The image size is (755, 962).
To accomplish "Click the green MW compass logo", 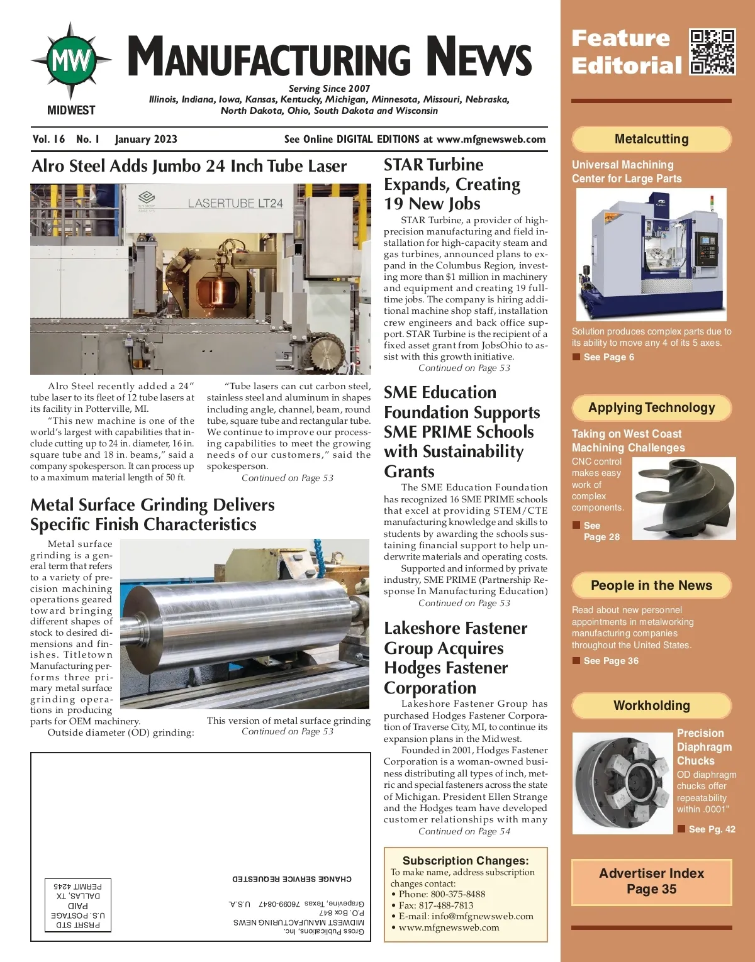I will (x=71, y=61).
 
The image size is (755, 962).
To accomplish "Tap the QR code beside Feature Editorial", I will (x=712, y=52).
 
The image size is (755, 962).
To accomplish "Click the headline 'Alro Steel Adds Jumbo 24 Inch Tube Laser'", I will (x=189, y=166).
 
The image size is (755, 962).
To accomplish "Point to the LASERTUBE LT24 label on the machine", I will (x=235, y=203).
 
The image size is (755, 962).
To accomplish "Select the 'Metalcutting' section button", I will (x=651, y=139).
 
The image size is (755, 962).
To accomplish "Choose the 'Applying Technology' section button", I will (x=651, y=407).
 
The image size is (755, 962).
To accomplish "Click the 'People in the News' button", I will (x=651, y=585).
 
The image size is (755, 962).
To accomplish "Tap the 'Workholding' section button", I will (x=651, y=705).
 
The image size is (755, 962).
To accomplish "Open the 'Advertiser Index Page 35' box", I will (x=651, y=882).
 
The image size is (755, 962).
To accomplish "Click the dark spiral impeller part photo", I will (x=683, y=498).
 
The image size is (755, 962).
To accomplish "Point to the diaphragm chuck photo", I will (x=622, y=783).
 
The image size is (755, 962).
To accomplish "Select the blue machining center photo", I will (x=651, y=255).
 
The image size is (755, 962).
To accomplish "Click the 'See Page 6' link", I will (x=608, y=357).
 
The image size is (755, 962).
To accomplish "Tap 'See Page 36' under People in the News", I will (x=610, y=661).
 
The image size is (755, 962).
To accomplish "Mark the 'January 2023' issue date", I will (x=146, y=140).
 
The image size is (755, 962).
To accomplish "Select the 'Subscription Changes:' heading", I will (x=466, y=861).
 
